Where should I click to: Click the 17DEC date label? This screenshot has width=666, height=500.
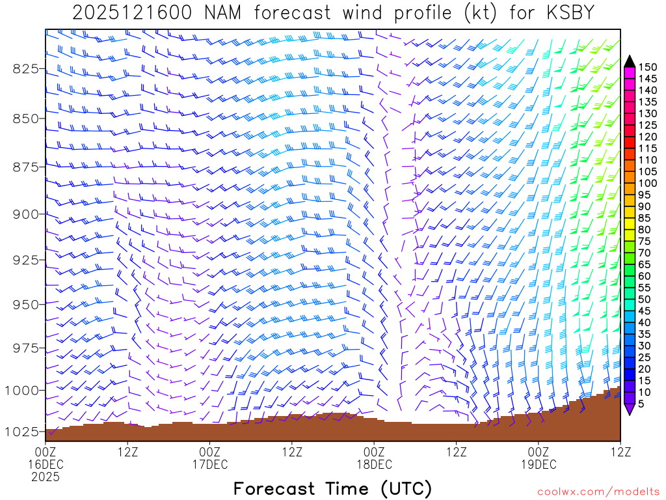pyautogui.click(x=210, y=464)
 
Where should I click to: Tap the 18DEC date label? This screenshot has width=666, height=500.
pyautogui.click(x=375, y=464)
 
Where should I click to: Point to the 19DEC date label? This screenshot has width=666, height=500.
pyautogui.click(x=539, y=464)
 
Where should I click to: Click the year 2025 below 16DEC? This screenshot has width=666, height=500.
pyautogui.click(x=46, y=477)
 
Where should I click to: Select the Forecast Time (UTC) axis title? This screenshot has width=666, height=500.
pyautogui.click(x=332, y=488)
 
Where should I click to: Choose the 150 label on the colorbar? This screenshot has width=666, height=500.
pyautogui.click(x=648, y=66)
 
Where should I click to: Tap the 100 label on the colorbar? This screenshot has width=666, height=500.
pyautogui.click(x=648, y=184)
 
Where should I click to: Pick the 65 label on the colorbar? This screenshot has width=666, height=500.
pyautogui.click(x=644, y=265)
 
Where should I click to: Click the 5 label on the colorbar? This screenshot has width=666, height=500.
pyautogui.click(x=641, y=405)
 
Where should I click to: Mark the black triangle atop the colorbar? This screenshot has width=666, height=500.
pyautogui.click(x=630, y=61)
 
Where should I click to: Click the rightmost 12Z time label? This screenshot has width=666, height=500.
pyautogui.click(x=620, y=451)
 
